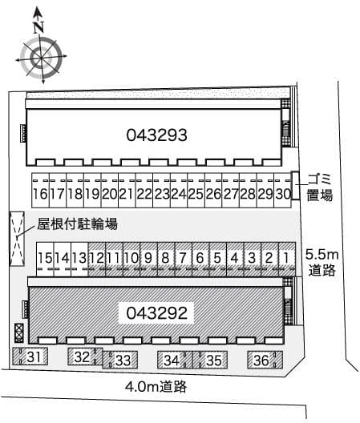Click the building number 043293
(x=156, y=135)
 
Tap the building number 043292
(x=156, y=313)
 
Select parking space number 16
(x=39, y=194)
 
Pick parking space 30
(x=281, y=194)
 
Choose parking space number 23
(x=161, y=194)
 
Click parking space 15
(x=45, y=258)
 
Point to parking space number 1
(x=285, y=258)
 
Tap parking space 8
(x=165, y=258)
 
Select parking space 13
(x=79, y=258)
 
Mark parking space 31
(x=32, y=358)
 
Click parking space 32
(x=82, y=358)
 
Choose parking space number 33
(x=122, y=361)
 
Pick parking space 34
(x=172, y=361)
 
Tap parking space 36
(x=261, y=361)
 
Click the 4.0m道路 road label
(x=156, y=387)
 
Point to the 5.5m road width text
(x=322, y=255)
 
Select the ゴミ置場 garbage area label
(x=319, y=187)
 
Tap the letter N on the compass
(x=38, y=26)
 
